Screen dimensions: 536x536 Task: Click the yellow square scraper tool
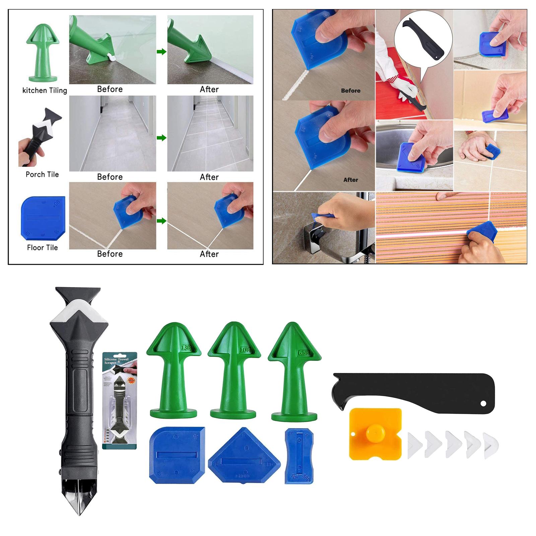click(x=375, y=434)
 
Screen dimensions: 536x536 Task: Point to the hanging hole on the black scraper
click(x=483, y=404)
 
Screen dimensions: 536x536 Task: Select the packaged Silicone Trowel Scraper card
click(x=120, y=400)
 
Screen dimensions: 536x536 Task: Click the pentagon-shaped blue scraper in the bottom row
click(x=244, y=456)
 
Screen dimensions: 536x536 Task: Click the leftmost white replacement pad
click(x=415, y=446)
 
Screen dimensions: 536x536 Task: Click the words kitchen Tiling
click(x=45, y=90)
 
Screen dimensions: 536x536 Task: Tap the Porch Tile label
click(x=42, y=175)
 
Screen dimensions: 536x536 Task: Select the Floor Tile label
click(x=43, y=248)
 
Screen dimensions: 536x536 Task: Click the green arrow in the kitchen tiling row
click(x=161, y=52)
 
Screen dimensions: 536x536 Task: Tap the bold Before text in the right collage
click(x=350, y=90)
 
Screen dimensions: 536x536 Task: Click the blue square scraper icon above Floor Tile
click(x=43, y=219)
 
